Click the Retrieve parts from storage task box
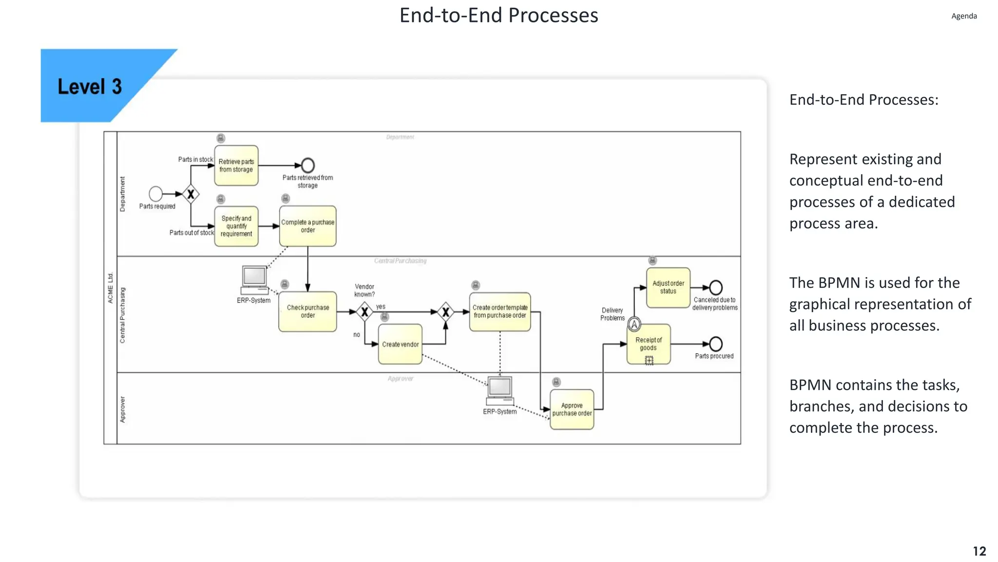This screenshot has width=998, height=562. (x=236, y=165)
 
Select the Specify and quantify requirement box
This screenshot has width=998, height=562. (x=236, y=226)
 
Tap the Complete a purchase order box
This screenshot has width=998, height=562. (x=307, y=226)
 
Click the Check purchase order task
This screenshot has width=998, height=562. (x=307, y=311)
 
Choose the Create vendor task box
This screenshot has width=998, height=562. (x=400, y=344)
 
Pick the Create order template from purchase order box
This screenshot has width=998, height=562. (x=499, y=311)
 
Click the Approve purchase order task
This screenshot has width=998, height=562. (x=572, y=409)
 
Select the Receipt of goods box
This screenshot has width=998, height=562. (x=649, y=344)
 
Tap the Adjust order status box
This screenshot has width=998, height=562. (x=668, y=287)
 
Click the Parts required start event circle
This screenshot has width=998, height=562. (x=155, y=194)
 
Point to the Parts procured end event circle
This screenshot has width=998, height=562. (x=715, y=344)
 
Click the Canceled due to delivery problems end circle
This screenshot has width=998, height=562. (x=715, y=287)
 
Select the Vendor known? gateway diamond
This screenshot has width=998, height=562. (x=365, y=311)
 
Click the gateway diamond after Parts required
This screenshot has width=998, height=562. (x=191, y=194)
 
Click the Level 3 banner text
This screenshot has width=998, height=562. (x=90, y=87)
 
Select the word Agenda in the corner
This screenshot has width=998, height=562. (x=964, y=16)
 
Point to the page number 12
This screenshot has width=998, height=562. (x=979, y=551)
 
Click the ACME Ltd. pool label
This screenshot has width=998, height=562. (x=111, y=288)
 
